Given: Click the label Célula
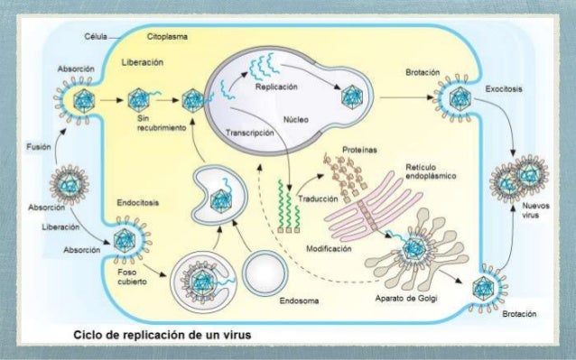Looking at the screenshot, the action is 95,39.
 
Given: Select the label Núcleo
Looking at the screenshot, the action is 295,118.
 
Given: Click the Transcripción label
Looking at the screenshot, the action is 248,134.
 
